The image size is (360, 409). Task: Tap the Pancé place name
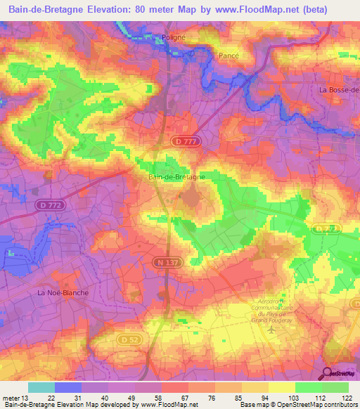click(x=228, y=56)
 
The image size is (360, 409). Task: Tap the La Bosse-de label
click(x=339, y=90)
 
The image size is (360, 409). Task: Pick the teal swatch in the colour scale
click(x=41, y=387)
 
